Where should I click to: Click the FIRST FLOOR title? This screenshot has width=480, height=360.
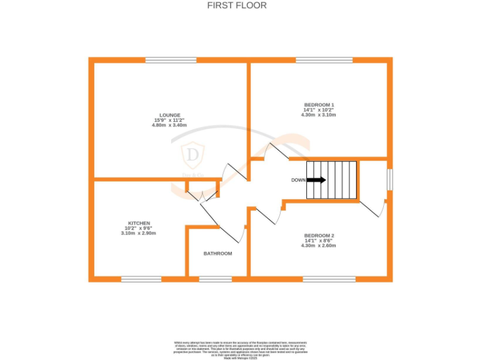click(x=237, y=6)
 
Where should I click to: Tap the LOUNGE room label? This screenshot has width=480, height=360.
click(x=170, y=115)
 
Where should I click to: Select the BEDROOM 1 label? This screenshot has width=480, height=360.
click(x=319, y=104)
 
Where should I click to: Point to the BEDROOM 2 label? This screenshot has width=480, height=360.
click(x=319, y=236)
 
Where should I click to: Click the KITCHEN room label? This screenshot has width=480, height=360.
click(x=139, y=223)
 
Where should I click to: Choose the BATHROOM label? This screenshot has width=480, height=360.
click(x=217, y=254)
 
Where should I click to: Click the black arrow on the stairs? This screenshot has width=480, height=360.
click(x=317, y=180)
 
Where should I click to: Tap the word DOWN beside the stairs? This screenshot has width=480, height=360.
click(x=299, y=180)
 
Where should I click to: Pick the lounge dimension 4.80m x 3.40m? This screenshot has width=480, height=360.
click(x=170, y=125)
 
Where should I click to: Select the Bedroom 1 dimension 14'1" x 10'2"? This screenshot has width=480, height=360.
click(x=319, y=110)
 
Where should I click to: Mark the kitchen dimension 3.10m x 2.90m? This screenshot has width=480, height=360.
click(x=139, y=233)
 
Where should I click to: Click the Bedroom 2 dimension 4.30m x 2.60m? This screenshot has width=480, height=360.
click(x=319, y=246)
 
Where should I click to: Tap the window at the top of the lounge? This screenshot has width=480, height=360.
click(x=171, y=60)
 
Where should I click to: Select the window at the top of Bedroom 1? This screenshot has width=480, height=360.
click(x=324, y=60)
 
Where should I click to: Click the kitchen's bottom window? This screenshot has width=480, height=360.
click(x=137, y=279)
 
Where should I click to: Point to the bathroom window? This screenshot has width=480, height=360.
click(x=215, y=279)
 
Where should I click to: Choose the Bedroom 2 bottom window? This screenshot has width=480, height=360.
click(x=329, y=279)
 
